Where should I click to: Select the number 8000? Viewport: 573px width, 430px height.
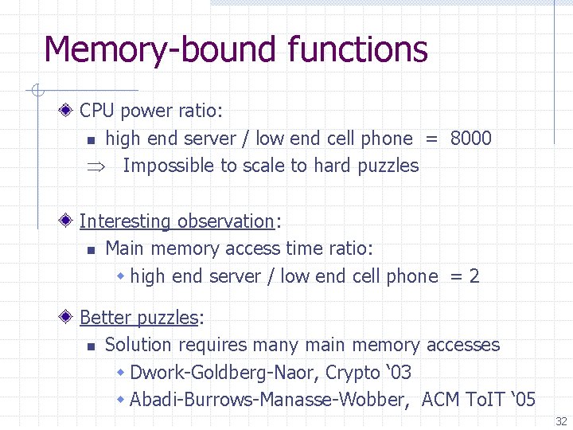(x=470, y=139)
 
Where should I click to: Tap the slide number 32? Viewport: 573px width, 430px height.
(x=561, y=420)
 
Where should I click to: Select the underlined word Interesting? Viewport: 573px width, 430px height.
(x=125, y=221)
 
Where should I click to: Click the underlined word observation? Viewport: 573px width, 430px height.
(x=225, y=221)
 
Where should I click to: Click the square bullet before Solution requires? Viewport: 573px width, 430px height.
(x=91, y=346)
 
